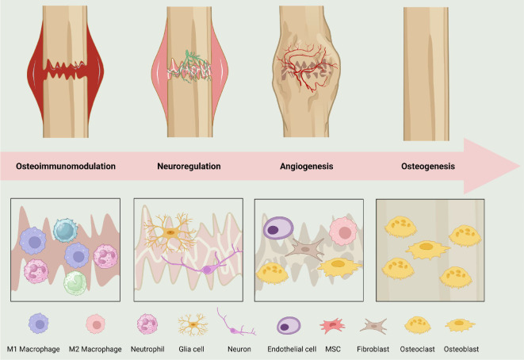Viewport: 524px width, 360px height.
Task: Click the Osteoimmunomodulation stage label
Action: pos(67,167)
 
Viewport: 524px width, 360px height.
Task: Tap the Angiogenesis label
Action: pos(307,167)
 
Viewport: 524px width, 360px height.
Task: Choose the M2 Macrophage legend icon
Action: pos(94,324)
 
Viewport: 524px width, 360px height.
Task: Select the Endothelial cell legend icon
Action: pos(288,324)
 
